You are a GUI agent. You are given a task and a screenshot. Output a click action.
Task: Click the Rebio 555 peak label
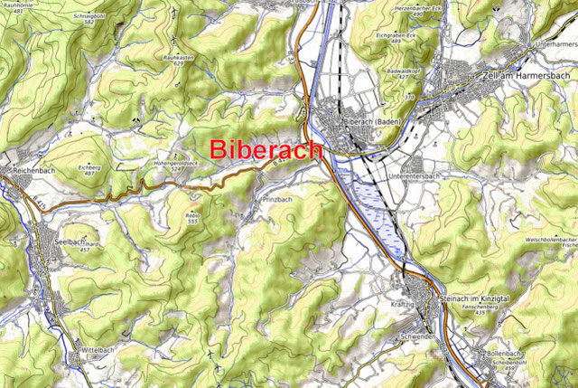pos(191,217)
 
